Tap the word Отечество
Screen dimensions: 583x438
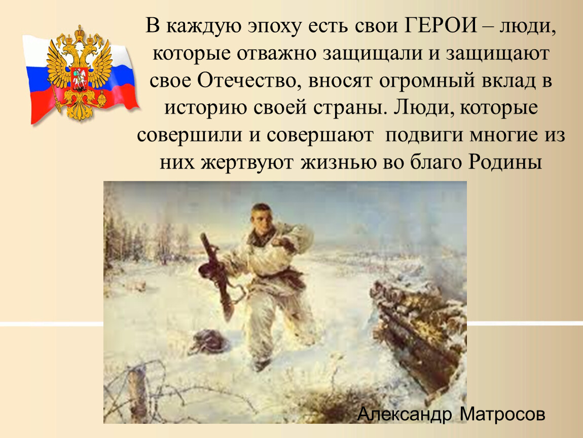(246, 81)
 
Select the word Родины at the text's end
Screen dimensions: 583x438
(504, 162)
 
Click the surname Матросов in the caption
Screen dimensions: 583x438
(502, 414)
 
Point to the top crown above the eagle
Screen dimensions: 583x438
(79, 32)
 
